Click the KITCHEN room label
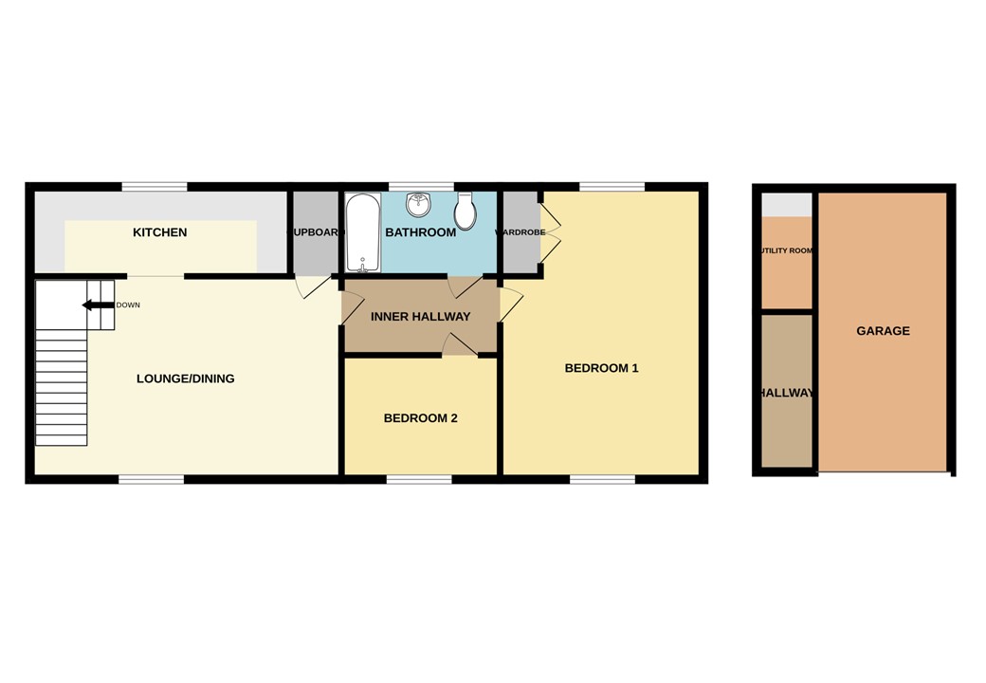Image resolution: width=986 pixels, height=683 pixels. [159, 232]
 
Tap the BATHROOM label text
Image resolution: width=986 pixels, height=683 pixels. [420, 232]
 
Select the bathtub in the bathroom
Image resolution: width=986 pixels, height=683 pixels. [362, 233]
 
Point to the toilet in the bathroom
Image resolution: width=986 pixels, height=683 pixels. [465, 212]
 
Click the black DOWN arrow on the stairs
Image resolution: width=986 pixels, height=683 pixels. [97, 305]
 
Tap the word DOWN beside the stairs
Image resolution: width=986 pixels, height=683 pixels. [128, 305]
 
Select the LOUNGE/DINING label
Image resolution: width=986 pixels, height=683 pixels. [185, 378]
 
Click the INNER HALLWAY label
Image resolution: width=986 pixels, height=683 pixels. [420, 317]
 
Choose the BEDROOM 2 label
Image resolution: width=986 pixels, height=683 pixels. [420, 417]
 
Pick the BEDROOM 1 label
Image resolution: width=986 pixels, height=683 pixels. [601, 368]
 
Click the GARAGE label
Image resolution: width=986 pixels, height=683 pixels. [883, 331]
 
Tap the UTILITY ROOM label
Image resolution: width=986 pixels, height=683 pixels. [787, 251]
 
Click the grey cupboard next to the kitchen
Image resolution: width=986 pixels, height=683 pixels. [315, 232]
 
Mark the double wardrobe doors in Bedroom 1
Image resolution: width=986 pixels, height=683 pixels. [550, 232]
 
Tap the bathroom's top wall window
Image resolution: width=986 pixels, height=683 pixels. [420, 187]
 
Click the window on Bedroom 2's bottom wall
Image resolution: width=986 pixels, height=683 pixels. [419, 479]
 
